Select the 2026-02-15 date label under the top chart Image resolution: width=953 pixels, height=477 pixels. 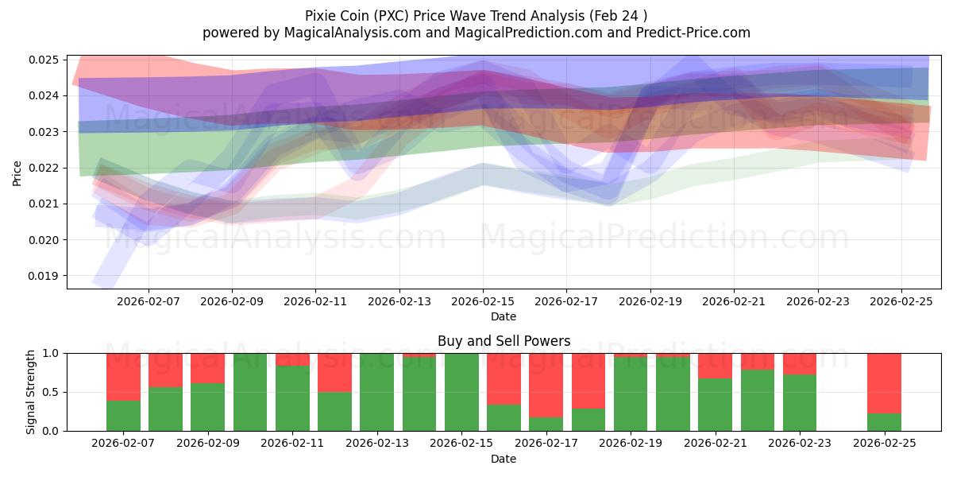click(x=483, y=302)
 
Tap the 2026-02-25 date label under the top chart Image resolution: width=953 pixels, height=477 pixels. click(x=901, y=302)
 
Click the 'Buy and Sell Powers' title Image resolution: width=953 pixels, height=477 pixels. click(x=504, y=341)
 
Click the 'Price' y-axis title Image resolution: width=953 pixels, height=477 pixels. click(x=17, y=173)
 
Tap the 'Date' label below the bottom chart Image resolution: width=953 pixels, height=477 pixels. click(x=504, y=459)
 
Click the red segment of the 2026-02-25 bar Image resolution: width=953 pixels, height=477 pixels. click(x=884, y=382)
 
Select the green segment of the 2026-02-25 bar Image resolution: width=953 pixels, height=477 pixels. click(x=884, y=422)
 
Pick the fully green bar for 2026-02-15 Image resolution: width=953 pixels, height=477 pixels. click(x=461, y=392)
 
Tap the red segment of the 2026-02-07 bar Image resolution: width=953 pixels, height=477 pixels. click(x=123, y=376)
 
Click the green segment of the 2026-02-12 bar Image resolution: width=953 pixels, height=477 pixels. click(x=334, y=411)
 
